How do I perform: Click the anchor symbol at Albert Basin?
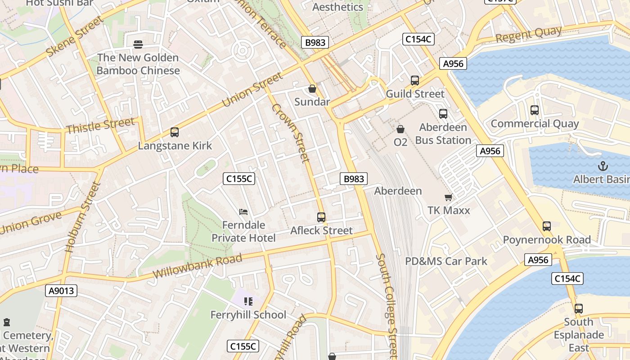(603, 166)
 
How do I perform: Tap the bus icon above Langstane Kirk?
(175, 132)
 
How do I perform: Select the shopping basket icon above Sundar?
(312, 89)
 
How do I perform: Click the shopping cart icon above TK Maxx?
(448, 197)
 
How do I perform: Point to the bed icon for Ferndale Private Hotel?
(243, 211)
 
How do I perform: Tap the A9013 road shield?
(61, 291)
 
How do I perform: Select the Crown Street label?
(291, 133)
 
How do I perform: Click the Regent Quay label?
(529, 35)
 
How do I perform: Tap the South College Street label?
(387, 306)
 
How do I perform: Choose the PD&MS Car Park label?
(446, 261)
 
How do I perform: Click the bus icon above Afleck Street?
(321, 217)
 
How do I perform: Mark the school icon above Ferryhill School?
(248, 301)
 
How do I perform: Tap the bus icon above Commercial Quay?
(535, 110)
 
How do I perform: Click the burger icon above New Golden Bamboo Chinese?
(138, 44)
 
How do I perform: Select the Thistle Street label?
(100, 126)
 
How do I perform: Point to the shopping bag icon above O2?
(400, 129)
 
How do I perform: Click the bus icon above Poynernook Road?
(547, 226)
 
